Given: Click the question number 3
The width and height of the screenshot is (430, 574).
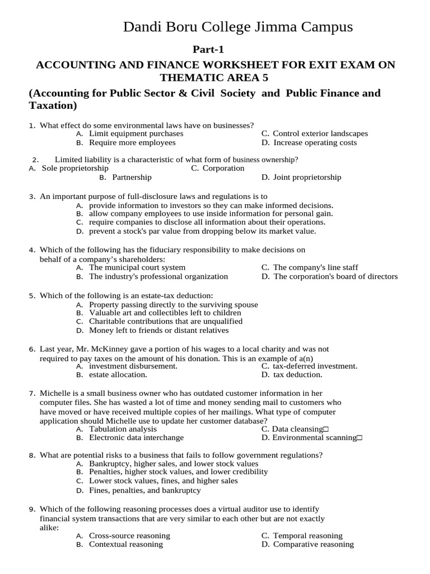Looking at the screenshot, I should [x=32, y=197].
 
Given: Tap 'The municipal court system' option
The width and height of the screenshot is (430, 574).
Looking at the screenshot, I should [x=137, y=267].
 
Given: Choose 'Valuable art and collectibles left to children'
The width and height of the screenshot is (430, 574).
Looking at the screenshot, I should [x=165, y=313].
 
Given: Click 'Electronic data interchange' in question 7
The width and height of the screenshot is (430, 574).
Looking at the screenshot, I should [x=136, y=438].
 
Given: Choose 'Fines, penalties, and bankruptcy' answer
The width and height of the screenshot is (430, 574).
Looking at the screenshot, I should [x=145, y=490].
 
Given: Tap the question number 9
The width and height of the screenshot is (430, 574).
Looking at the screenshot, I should [x=32, y=509].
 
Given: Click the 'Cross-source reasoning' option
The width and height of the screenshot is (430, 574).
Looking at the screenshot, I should [x=129, y=535].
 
